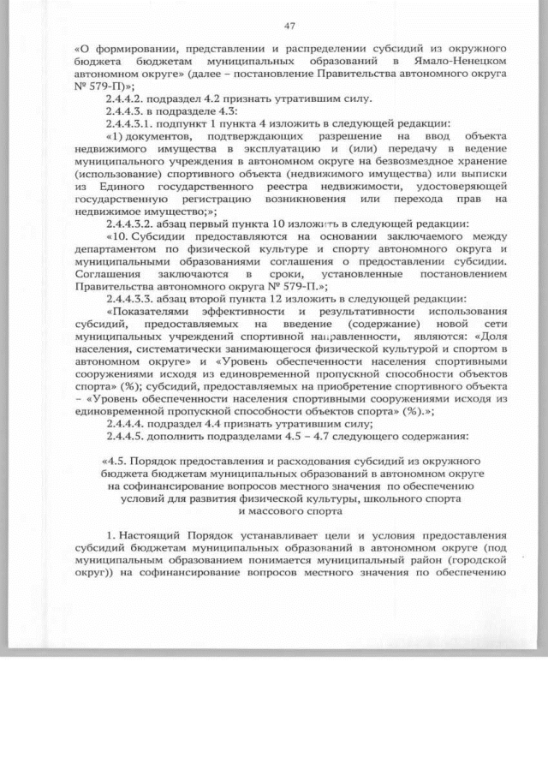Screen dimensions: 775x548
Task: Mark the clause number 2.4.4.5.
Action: (x=126, y=435)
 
